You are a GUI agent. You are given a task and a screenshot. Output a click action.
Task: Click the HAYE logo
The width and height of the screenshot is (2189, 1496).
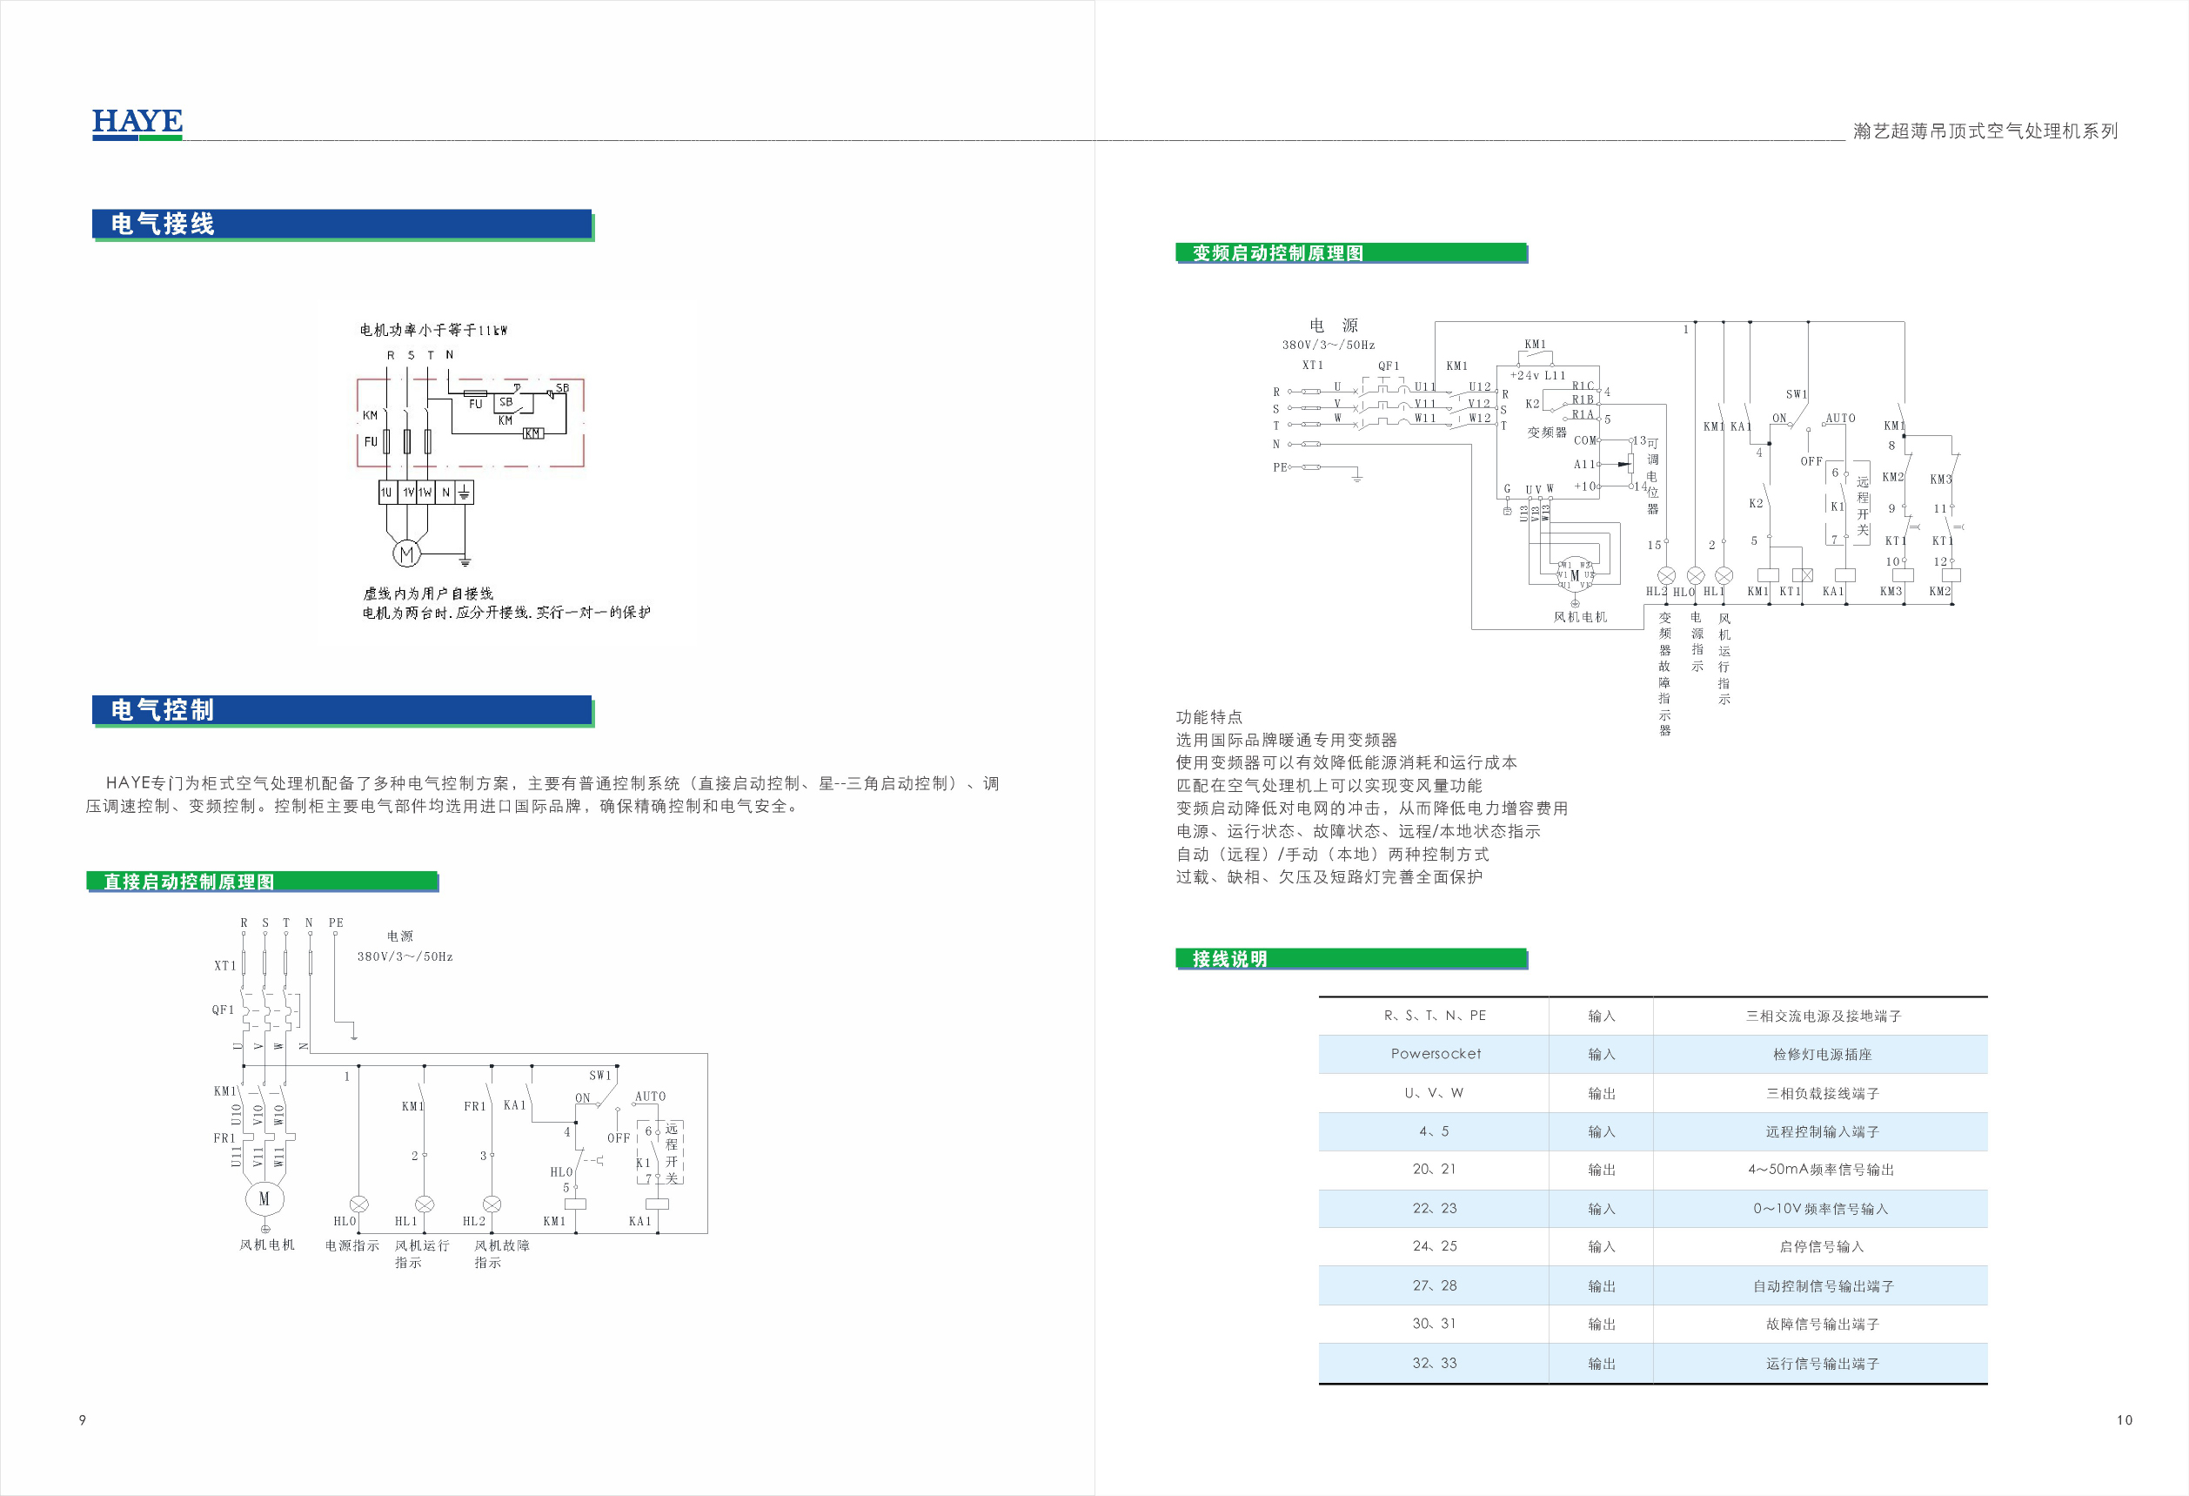pos(137,123)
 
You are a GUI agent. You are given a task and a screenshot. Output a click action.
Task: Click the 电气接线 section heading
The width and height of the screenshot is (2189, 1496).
pos(163,225)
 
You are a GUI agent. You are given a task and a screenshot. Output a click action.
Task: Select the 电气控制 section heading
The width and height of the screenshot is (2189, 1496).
pos(163,709)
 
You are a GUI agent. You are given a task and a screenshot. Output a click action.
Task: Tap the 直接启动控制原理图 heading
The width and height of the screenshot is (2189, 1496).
pos(190,882)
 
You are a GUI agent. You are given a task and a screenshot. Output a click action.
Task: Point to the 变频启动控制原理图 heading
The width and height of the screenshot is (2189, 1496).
pos(1277,252)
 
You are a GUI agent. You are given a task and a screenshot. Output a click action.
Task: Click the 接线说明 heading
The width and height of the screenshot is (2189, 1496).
pos(1229,959)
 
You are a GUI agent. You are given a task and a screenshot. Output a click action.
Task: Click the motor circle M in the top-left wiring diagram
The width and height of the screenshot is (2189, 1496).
pos(406,554)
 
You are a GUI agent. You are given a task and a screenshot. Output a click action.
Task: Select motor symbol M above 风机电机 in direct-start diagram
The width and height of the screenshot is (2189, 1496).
pos(264,1198)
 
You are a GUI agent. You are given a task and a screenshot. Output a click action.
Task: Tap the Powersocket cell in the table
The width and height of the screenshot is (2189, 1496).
pos(1436,1054)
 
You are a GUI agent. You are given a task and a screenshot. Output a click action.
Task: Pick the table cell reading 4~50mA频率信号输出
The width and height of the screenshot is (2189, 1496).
pos(1821,1169)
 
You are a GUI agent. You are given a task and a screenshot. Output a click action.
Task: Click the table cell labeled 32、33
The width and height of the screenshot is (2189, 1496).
pos(1435,1363)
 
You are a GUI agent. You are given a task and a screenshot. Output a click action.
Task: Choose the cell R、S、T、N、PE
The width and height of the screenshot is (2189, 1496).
pos(1435,1016)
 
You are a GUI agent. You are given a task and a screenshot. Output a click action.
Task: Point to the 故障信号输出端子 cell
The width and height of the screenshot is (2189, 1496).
pos(1822,1325)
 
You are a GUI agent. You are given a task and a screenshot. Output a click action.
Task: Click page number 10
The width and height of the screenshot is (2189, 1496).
pos(2124,1419)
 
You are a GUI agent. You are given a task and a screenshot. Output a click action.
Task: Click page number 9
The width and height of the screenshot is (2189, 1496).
pos(83,1419)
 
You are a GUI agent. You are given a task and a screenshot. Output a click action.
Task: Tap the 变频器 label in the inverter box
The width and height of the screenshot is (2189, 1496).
pos(1547,433)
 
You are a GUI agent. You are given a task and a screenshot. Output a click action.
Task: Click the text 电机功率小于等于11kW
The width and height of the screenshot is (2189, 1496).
pos(433,330)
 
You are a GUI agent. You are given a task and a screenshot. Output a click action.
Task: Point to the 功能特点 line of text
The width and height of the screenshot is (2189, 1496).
pos(1208,717)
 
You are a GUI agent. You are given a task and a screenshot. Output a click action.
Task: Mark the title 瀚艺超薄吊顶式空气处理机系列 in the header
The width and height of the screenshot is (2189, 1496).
pos(1985,131)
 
